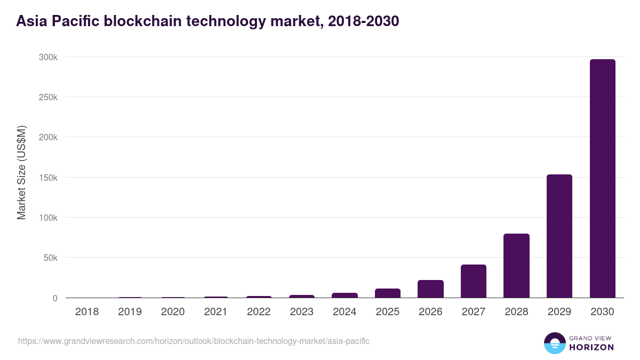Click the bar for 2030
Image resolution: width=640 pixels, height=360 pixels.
tap(602, 179)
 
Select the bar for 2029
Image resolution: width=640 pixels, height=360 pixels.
tap(559, 236)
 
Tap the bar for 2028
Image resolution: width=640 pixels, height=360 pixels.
tap(516, 266)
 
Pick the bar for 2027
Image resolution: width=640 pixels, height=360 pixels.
tap(474, 281)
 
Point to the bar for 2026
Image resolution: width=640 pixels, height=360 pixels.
tap(430, 289)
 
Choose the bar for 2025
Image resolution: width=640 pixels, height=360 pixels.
tap(388, 293)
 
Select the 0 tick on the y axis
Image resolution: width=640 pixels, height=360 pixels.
tap(54, 298)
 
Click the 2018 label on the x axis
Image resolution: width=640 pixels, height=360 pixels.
tap(87, 312)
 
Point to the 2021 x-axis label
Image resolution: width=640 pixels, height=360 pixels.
tap(215, 312)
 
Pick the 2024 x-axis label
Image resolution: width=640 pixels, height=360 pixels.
tap(345, 312)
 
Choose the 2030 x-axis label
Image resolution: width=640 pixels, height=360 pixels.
tap(602, 312)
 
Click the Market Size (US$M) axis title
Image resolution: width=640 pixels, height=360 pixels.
tap(21, 172)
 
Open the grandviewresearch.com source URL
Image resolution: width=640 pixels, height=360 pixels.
tap(194, 341)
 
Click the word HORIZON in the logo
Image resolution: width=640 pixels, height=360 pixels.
tap(591, 347)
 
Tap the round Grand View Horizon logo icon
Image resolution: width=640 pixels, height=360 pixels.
tap(554, 343)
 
